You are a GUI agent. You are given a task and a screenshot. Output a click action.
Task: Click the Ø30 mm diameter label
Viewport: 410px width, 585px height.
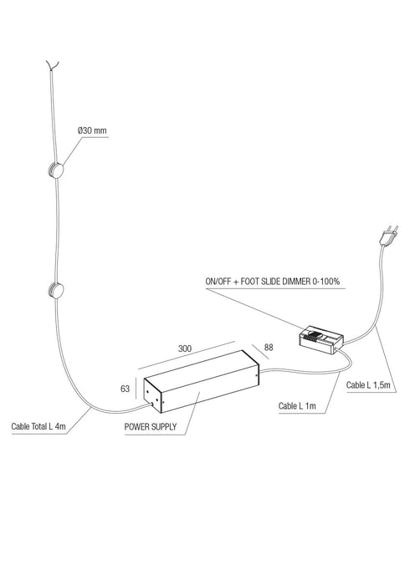pyautogui.click(x=92, y=131)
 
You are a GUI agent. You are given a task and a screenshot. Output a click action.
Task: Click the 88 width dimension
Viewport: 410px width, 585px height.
pyautogui.click(x=268, y=347)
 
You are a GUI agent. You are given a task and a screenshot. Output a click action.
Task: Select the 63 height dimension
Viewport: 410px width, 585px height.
pyautogui.click(x=126, y=388)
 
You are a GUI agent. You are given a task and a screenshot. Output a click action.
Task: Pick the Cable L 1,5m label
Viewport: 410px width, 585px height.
pyautogui.click(x=369, y=385)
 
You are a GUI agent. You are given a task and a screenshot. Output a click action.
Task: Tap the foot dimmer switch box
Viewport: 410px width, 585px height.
pyautogui.click(x=320, y=337)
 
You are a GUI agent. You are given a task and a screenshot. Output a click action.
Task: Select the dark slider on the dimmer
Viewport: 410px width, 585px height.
pyautogui.click(x=316, y=338)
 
